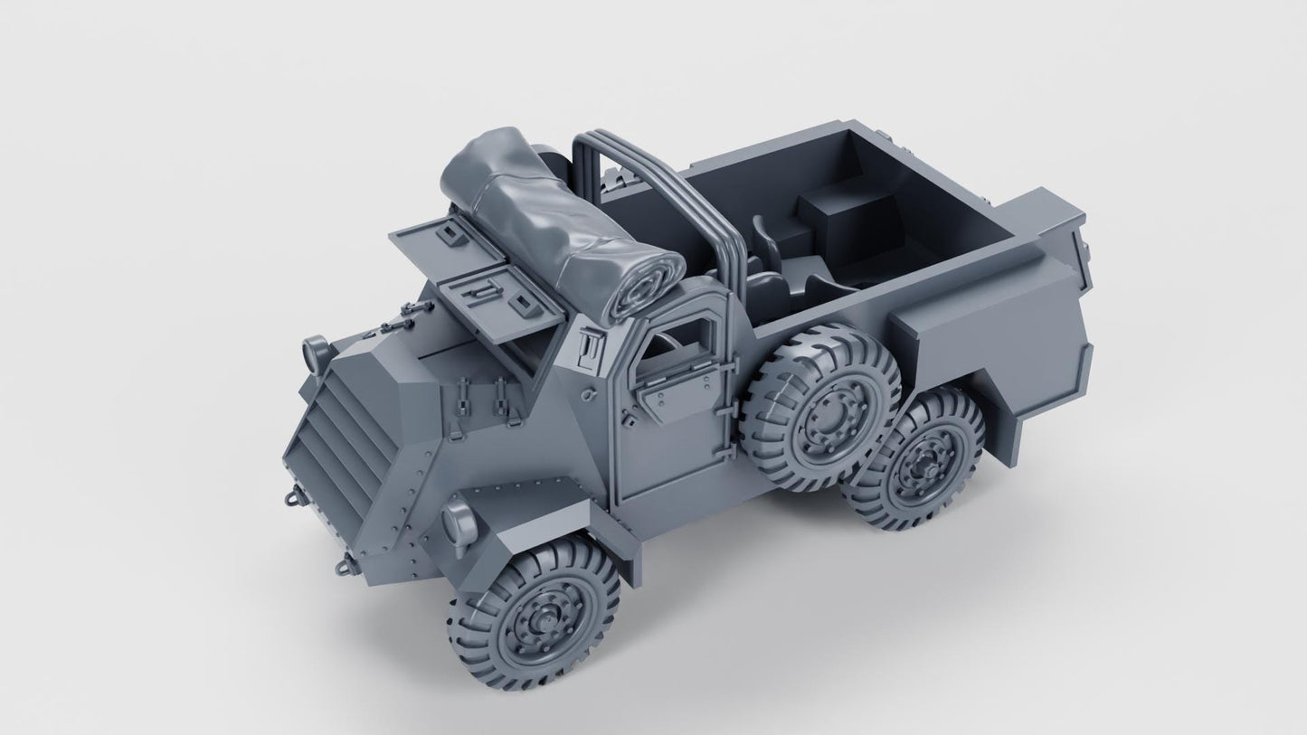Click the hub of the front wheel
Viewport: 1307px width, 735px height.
point(537,617)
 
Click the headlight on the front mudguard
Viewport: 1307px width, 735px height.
point(459,523)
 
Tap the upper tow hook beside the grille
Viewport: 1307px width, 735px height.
point(292,495)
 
